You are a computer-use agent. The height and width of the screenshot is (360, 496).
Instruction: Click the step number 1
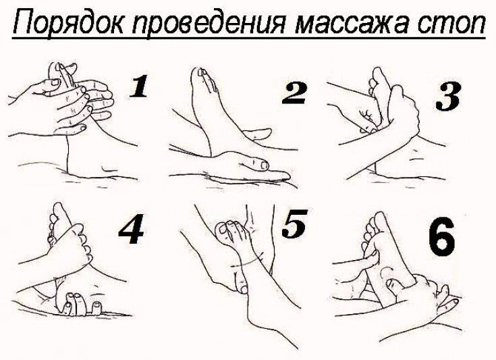[x=138, y=86]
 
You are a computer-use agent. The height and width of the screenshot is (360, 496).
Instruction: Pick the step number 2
[x=294, y=93]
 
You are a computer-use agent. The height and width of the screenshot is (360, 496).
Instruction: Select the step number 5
[x=294, y=224]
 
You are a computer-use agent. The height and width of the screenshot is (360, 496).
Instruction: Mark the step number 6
[x=442, y=234]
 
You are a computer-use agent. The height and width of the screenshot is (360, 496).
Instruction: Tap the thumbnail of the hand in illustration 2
[x=262, y=165]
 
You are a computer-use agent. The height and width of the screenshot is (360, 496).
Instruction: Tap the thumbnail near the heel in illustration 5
[x=244, y=289]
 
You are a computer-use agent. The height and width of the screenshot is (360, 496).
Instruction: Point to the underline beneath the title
[x=248, y=38]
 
